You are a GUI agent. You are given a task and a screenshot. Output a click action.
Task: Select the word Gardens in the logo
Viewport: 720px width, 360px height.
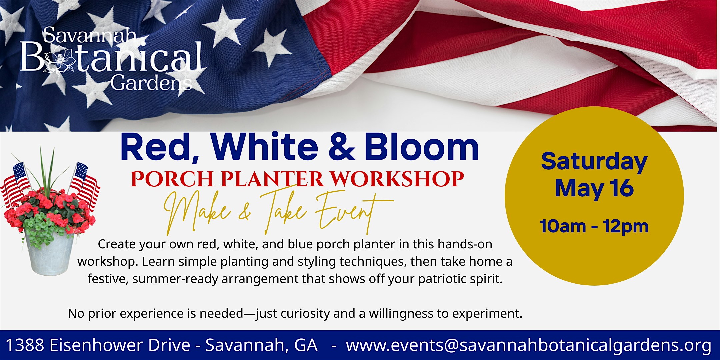point(152,83)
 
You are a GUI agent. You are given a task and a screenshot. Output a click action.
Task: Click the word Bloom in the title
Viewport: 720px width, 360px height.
point(421,147)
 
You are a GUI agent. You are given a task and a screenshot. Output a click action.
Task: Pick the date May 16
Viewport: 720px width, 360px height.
point(594,188)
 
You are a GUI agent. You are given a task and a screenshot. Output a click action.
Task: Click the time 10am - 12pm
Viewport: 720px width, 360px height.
point(594,226)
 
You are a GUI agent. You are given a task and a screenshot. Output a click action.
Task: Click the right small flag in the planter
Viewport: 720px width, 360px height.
point(85,185)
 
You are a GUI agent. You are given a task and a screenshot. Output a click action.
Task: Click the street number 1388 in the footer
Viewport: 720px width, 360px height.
point(25,345)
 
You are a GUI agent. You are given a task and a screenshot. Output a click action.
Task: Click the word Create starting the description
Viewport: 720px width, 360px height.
point(116,244)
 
